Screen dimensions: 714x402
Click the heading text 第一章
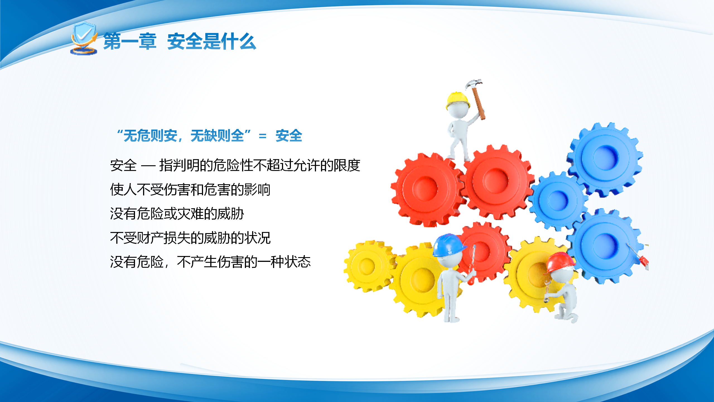pos(130,41)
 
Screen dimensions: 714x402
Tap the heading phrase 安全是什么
pos(212,41)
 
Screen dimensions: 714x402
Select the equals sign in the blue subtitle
pos(262,136)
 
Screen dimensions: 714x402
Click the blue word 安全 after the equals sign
pos(289,136)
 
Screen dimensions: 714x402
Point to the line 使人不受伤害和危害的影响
pos(190,190)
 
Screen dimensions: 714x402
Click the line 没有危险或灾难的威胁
pos(177,214)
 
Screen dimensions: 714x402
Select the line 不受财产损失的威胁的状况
pos(190,238)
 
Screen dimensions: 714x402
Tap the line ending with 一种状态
pos(210,262)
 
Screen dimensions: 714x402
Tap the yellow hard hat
pos(458,100)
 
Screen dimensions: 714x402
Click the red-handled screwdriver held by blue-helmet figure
pos(472,265)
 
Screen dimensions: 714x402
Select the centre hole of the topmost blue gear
pos(606,158)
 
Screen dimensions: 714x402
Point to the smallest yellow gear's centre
pos(368,266)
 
